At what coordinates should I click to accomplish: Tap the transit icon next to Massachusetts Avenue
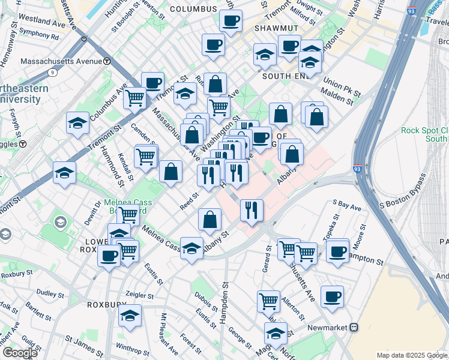pyautogui.click(x=107, y=61)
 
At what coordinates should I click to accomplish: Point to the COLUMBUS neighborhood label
pyautogui.click(x=193, y=9)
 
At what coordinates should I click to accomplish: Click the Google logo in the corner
pyautogui.click(x=20, y=353)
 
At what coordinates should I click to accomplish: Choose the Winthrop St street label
pyautogui.click(x=128, y=347)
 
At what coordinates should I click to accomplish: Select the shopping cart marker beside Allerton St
pyautogui.click(x=268, y=300)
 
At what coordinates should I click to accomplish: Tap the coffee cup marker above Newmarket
pyautogui.click(x=332, y=295)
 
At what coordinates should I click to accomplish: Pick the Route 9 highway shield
pyautogui.click(x=53, y=73)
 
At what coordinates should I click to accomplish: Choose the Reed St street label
pyautogui.click(x=190, y=201)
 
